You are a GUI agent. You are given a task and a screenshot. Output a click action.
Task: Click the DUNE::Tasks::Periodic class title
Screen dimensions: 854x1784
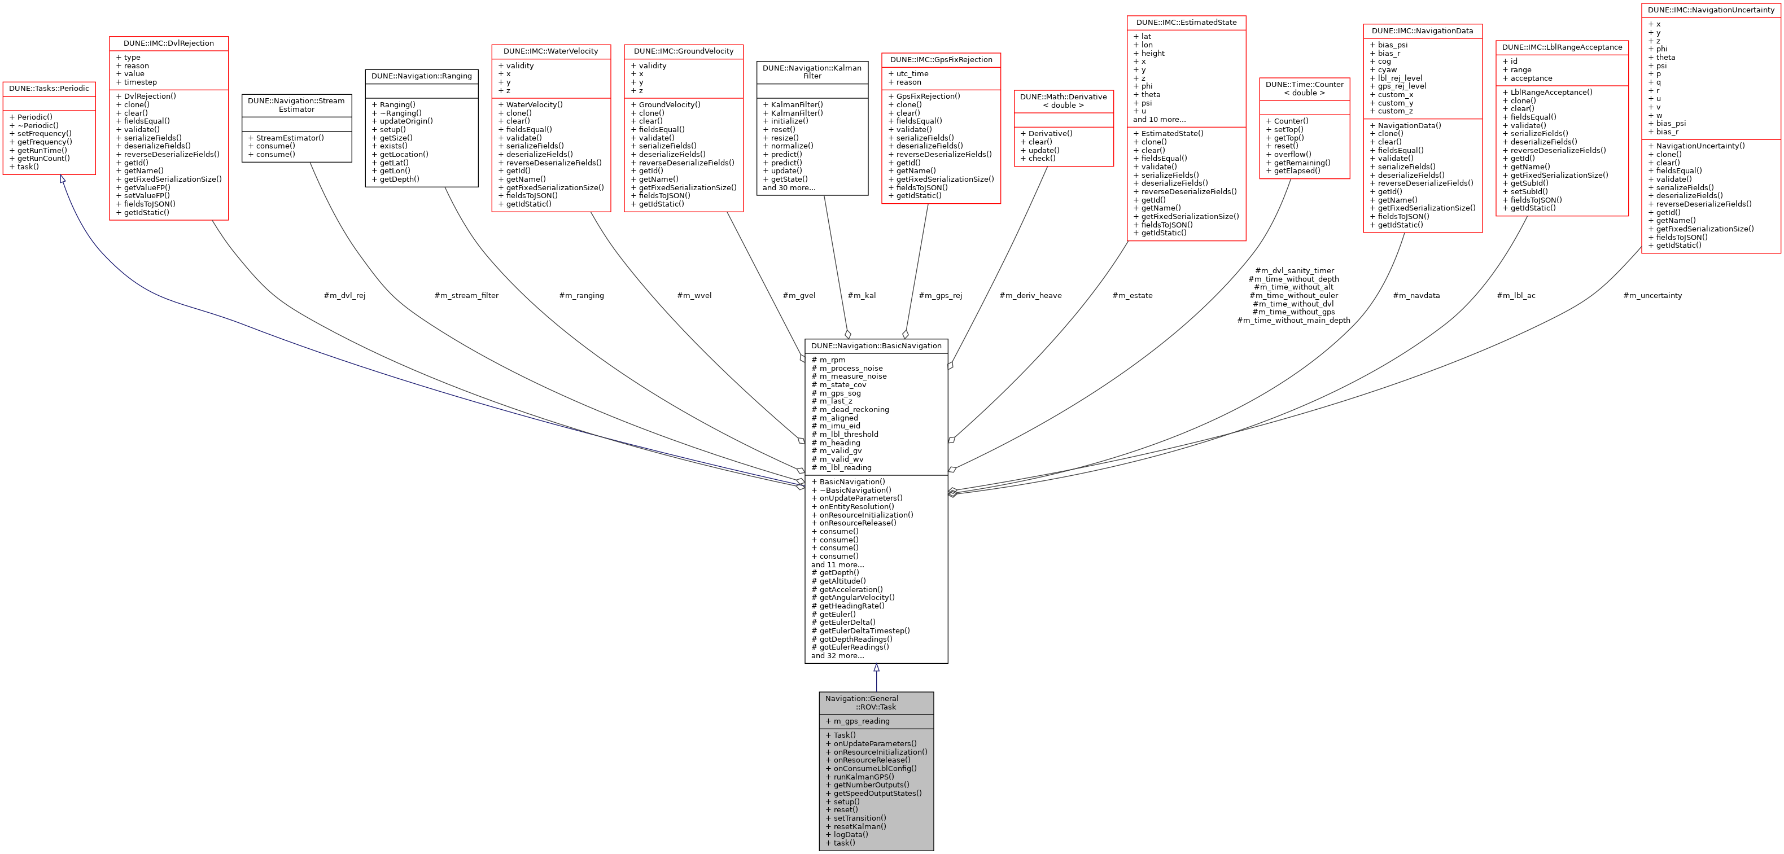(x=49, y=89)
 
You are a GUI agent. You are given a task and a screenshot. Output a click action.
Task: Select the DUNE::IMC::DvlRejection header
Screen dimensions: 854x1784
(x=168, y=43)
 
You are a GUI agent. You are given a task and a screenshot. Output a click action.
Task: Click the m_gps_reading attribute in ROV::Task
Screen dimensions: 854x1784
(x=862, y=721)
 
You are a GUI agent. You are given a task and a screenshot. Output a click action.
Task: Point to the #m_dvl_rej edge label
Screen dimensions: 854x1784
(x=344, y=296)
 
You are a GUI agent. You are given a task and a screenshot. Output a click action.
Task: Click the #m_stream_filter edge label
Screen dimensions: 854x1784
(x=466, y=296)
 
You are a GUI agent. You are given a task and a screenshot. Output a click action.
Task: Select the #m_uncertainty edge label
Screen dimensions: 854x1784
(x=1652, y=296)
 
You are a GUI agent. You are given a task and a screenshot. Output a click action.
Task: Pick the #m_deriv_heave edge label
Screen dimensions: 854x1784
(x=1030, y=296)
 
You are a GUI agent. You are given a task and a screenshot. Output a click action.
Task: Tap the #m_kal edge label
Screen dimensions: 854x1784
(x=862, y=296)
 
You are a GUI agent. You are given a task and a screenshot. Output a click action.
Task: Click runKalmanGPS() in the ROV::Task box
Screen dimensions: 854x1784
(x=864, y=777)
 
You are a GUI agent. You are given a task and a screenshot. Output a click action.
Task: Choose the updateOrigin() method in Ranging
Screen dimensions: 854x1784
(x=406, y=121)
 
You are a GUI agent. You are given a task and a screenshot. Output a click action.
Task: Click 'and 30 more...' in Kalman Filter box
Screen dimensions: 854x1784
(x=789, y=188)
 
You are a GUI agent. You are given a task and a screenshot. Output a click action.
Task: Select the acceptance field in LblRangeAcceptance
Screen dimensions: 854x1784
(x=1531, y=78)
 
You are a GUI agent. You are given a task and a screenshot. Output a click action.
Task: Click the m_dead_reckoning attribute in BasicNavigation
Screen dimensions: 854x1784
(x=854, y=410)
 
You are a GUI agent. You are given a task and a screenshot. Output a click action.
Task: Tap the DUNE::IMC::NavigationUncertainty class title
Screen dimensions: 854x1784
(x=1711, y=10)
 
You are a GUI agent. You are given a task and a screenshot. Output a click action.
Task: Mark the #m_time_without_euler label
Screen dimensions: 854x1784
(x=1293, y=296)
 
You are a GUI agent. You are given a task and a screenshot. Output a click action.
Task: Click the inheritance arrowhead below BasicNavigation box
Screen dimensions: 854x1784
(x=876, y=668)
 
